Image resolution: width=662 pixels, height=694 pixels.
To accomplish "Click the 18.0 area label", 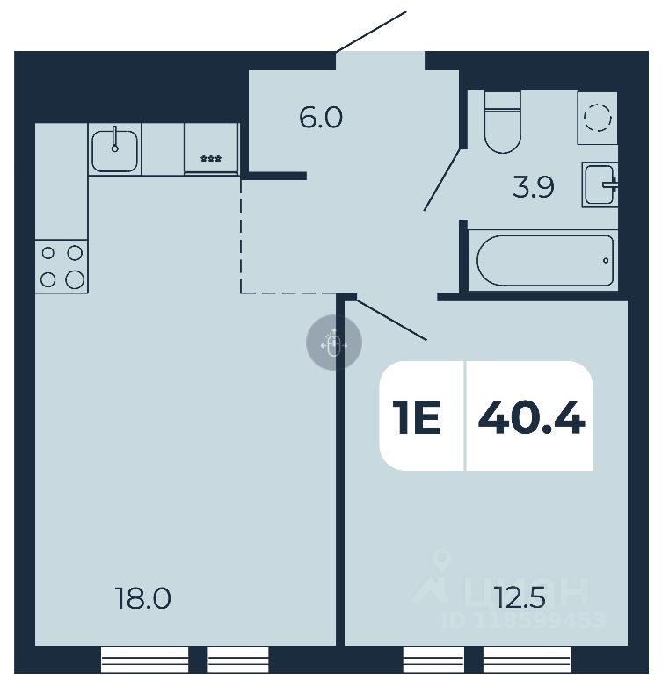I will (x=142, y=599).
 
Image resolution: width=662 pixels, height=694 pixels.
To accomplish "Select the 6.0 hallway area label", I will (x=320, y=117).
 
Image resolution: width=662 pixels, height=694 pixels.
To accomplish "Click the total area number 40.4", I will (x=531, y=416).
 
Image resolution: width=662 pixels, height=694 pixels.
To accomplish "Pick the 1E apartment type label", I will (x=417, y=417).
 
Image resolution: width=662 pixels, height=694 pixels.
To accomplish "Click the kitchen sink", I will (x=114, y=148).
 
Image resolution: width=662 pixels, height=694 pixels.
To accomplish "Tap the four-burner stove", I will (x=62, y=266).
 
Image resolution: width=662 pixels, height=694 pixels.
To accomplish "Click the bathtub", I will (x=545, y=260).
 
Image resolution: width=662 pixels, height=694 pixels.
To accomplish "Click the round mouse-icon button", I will (x=333, y=343).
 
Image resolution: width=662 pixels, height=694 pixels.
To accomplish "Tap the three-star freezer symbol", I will (x=211, y=158).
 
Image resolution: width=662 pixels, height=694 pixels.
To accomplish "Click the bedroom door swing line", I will (x=392, y=319).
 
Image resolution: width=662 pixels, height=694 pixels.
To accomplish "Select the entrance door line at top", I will (x=371, y=32).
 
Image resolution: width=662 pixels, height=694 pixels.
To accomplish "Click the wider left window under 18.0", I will (x=145, y=658).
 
